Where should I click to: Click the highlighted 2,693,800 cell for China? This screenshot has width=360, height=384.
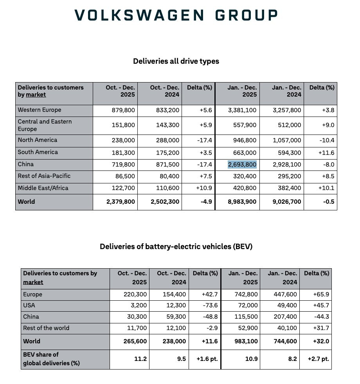[242, 164]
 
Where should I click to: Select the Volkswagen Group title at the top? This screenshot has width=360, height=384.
[176, 15]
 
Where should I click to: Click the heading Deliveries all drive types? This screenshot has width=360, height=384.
[176, 61]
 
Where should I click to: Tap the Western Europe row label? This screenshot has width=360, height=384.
[40, 110]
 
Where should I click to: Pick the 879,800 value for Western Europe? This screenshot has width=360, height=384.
[122, 110]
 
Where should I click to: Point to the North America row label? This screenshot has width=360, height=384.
[38, 140]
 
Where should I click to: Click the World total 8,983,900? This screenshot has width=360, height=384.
[242, 202]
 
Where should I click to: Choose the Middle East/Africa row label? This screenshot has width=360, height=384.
[43, 188]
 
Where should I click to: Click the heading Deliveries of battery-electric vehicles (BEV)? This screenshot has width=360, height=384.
[176, 247]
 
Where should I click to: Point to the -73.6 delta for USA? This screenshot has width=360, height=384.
[210, 305]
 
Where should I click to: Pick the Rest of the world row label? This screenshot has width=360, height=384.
[46, 328]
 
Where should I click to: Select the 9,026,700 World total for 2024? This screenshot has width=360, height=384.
[286, 202]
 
